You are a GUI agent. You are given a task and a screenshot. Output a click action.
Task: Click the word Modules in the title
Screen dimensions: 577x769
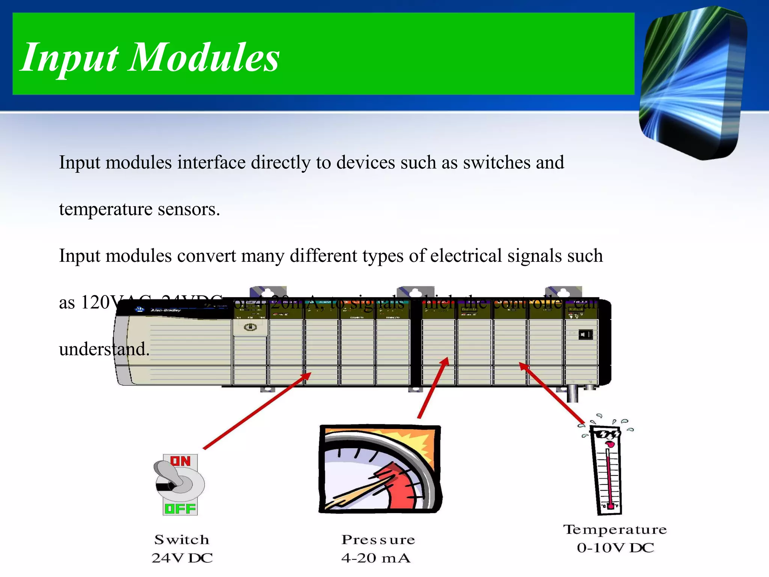(x=204, y=57)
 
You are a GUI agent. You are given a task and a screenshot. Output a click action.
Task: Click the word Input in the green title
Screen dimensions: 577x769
(x=69, y=57)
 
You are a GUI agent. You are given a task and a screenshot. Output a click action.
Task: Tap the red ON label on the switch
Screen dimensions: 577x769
(x=181, y=461)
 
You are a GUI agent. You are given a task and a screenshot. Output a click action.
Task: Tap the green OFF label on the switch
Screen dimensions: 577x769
(x=180, y=509)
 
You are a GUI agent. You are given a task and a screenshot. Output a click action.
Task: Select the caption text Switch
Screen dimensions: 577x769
(x=182, y=539)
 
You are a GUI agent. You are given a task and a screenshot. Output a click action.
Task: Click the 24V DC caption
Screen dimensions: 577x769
(x=182, y=558)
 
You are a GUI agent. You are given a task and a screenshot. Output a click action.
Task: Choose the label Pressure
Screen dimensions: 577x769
(x=378, y=539)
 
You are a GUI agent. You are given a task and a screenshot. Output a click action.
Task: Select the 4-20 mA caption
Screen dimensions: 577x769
(x=376, y=558)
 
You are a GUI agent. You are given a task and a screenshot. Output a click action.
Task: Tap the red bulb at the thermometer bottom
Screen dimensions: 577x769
(x=611, y=506)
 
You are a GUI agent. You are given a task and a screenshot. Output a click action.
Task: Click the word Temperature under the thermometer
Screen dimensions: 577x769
(x=615, y=529)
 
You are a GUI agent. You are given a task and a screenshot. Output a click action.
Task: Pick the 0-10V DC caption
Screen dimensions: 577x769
(x=615, y=548)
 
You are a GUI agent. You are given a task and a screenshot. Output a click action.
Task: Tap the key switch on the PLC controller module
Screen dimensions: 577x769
(x=250, y=327)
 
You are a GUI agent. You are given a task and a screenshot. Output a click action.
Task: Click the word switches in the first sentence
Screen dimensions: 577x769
(x=497, y=162)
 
